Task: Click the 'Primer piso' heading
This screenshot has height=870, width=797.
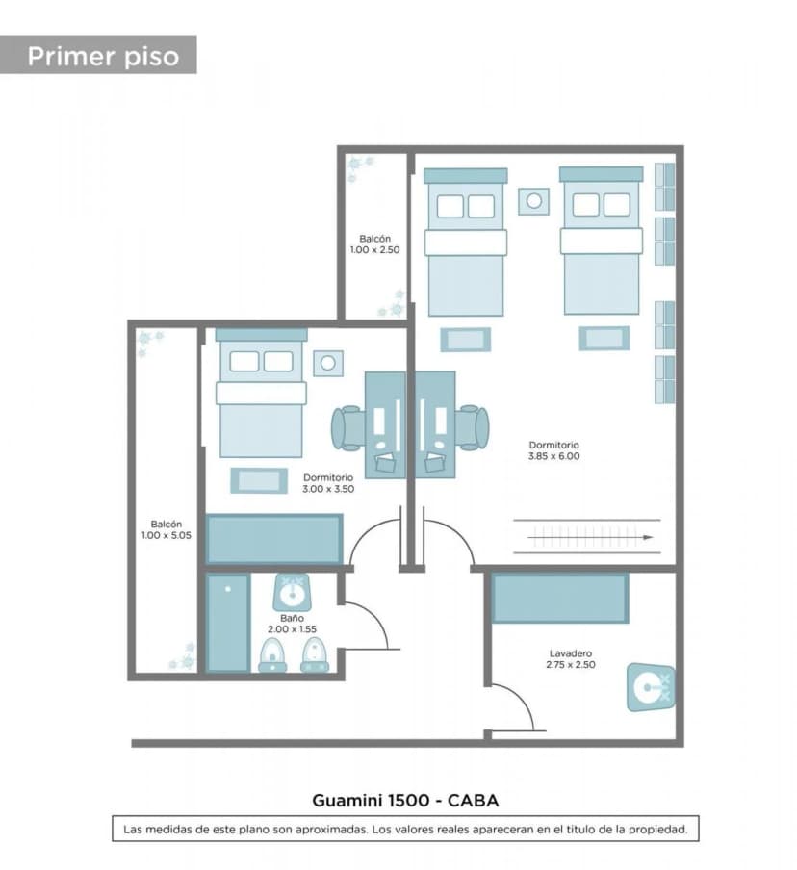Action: [103, 56]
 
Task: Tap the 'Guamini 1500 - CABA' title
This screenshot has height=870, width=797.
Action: [405, 800]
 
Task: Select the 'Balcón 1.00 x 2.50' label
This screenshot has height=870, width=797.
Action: [374, 244]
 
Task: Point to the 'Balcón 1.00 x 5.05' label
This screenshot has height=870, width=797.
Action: [166, 530]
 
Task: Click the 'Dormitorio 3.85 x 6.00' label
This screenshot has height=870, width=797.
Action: [553, 450]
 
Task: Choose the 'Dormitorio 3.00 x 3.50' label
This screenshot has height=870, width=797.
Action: [328, 483]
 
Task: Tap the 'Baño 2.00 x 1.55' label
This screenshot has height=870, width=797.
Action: [292, 624]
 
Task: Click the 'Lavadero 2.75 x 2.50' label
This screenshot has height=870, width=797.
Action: [571, 659]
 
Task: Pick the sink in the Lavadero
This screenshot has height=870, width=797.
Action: [651, 687]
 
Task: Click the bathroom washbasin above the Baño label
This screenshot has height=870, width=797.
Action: [292, 593]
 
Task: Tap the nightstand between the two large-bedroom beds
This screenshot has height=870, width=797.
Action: [534, 201]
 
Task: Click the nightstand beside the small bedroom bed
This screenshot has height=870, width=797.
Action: [328, 363]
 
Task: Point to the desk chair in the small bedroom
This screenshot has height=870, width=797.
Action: [347, 427]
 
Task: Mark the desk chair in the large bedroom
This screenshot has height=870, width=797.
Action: [473, 427]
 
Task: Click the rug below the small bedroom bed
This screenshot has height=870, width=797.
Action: [259, 480]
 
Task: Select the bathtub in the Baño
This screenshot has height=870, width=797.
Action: [227, 623]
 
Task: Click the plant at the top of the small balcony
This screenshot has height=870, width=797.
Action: [360, 168]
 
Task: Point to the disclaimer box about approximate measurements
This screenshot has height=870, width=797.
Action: [405, 829]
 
